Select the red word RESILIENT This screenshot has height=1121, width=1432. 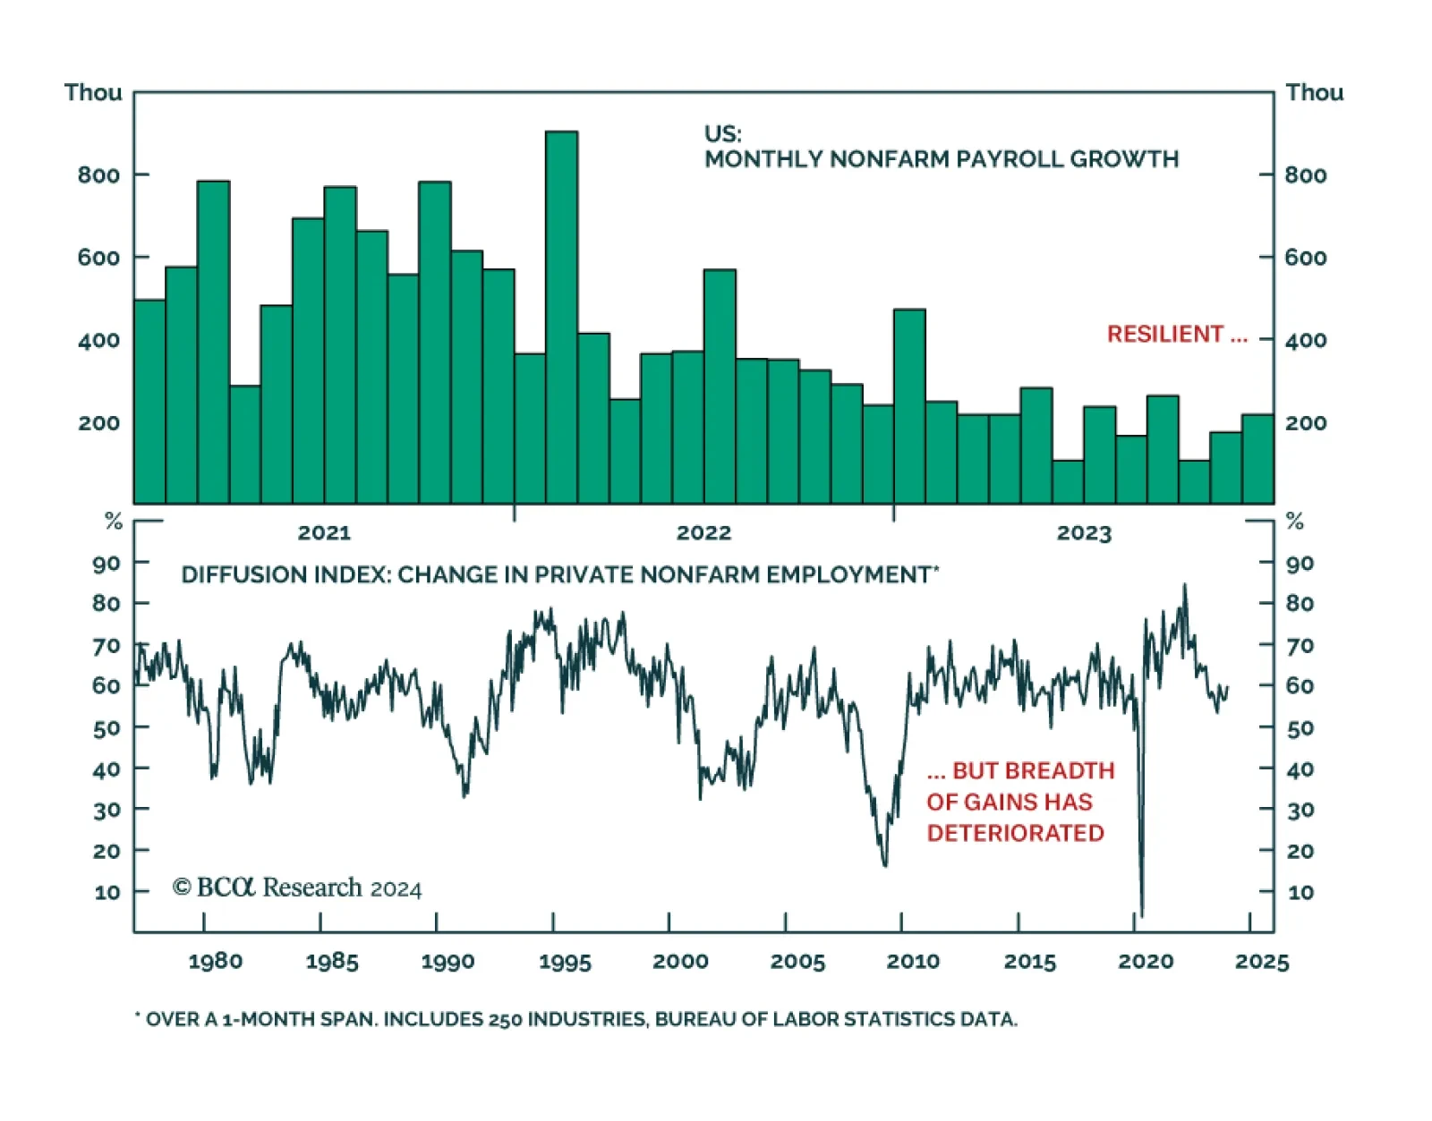pos(1164,335)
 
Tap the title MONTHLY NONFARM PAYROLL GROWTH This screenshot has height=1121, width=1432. pos(941,159)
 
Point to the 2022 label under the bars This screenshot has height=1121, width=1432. pos(703,533)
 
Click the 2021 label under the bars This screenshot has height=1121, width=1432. pos(324,533)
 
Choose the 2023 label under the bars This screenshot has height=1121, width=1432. pos(1083,534)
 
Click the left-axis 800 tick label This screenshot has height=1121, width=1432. pos(98,175)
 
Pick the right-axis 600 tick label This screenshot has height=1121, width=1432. pos(1305,258)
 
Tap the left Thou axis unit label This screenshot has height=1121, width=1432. pos(93,93)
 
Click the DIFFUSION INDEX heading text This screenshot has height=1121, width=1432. pos(559,574)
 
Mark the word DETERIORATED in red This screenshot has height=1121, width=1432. pos(1015,833)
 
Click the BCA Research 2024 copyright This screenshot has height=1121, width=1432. pos(296,887)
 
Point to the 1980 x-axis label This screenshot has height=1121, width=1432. pos(215,962)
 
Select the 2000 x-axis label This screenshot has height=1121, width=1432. pos(680,962)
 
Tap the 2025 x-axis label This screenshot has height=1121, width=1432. pos(1262,962)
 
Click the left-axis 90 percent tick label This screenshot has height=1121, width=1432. pos(107,564)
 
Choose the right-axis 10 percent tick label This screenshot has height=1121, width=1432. pos(1300,892)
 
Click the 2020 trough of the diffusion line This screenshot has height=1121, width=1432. pos(1141,913)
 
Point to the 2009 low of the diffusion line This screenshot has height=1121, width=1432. pos(885,863)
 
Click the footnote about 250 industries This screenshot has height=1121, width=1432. pos(576,1019)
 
